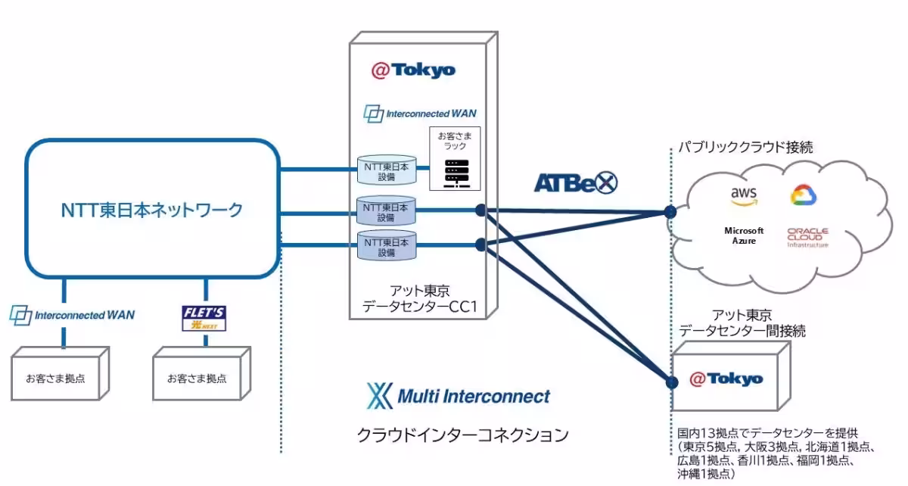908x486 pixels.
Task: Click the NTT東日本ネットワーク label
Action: pyautogui.click(x=152, y=210)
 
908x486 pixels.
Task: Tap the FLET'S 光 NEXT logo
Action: pyautogui.click(x=204, y=318)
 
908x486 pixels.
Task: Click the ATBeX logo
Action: pyautogui.click(x=576, y=182)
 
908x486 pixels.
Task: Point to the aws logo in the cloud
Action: pyautogui.click(x=743, y=196)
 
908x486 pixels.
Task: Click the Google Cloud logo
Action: pyautogui.click(x=804, y=195)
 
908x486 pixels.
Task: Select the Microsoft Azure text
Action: pyautogui.click(x=744, y=235)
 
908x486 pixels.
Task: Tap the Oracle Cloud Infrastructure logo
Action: pyautogui.click(x=807, y=237)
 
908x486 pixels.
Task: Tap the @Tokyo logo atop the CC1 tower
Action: pyautogui.click(x=413, y=70)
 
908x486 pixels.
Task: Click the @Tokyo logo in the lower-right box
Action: pyautogui.click(x=726, y=379)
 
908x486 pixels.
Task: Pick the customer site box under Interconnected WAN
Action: pyautogui.click(x=55, y=375)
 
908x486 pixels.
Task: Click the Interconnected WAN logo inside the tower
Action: pyautogui.click(x=420, y=114)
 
